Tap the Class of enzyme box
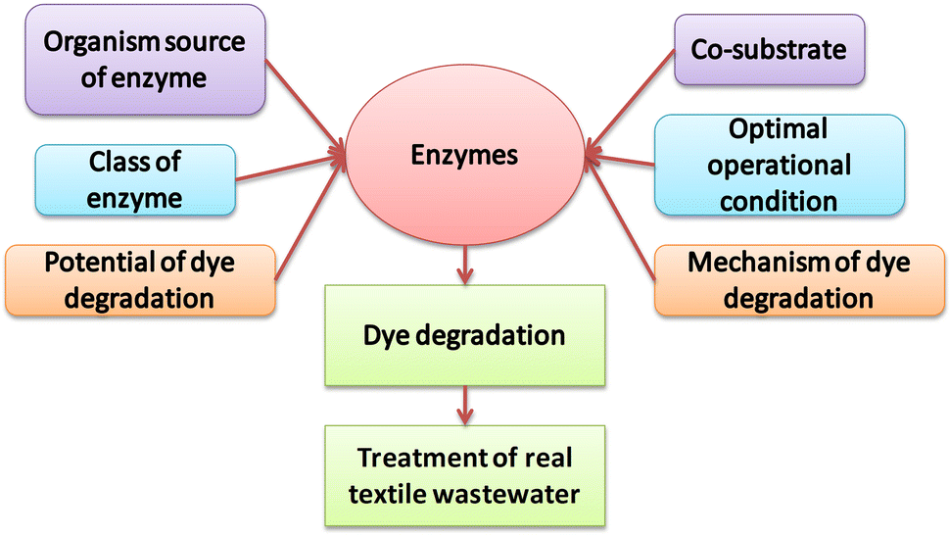pos(135,178)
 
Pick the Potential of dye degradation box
pos(140,279)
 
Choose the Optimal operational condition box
pos(779,164)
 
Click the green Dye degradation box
pos(465,335)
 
